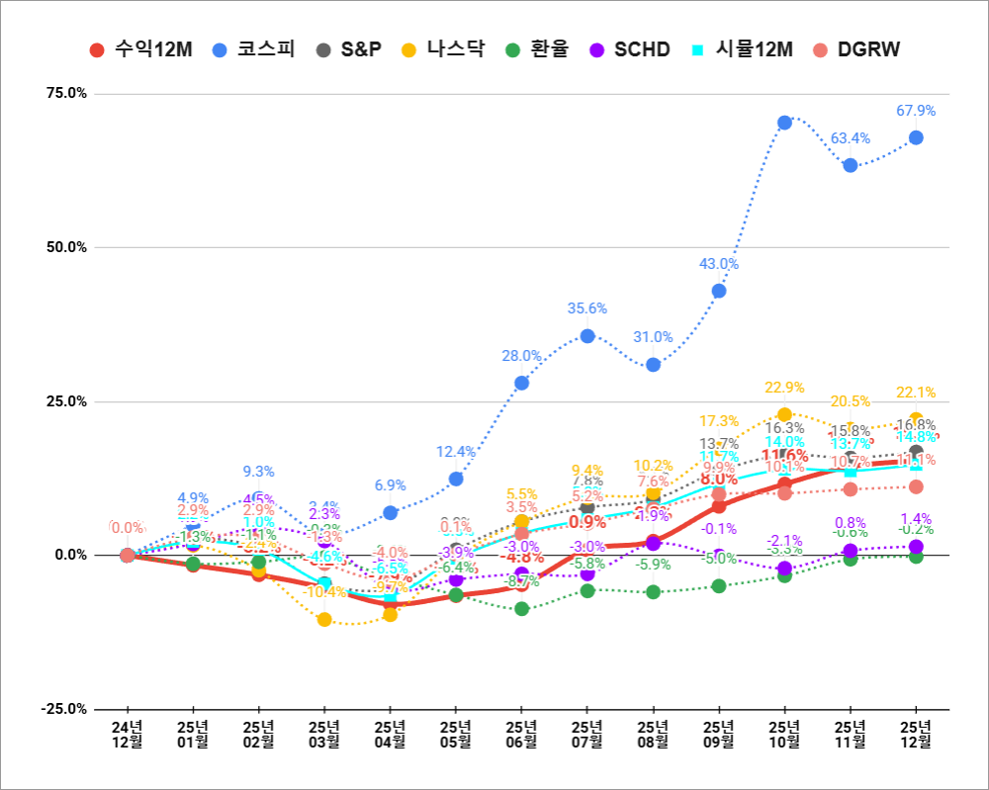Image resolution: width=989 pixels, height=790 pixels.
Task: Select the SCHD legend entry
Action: pyautogui.click(x=629, y=49)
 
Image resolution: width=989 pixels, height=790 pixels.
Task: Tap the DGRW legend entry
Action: pyautogui.click(x=856, y=49)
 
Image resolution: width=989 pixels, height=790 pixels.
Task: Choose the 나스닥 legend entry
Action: pyautogui.click(x=444, y=49)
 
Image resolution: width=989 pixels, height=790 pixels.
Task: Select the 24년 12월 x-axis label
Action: pyautogui.click(x=128, y=733)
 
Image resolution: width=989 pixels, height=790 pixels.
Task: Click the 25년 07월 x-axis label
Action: pyautogui.click(x=587, y=733)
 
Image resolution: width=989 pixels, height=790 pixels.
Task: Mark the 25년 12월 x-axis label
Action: pyautogui.click(x=916, y=733)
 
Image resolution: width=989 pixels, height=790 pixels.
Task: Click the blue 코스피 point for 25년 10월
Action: pyautogui.click(x=784, y=123)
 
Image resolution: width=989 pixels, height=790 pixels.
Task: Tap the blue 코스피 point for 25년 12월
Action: pyautogui.click(x=916, y=137)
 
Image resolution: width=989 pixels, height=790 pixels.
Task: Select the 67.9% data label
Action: pyautogui.click(x=916, y=111)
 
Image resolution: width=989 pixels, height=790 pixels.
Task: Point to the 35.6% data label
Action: pyautogui.click(x=587, y=308)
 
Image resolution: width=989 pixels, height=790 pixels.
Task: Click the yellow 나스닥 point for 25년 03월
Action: pyautogui.click(x=324, y=620)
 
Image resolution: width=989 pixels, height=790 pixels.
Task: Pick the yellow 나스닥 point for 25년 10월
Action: pyautogui.click(x=784, y=414)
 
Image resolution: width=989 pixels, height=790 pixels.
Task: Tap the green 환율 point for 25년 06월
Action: pyautogui.click(x=521, y=608)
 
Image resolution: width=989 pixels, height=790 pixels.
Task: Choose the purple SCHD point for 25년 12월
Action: pyautogui.click(x=916, y=546)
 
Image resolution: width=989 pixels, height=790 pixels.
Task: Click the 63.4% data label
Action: pyautogui.click(x=851, y=138)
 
